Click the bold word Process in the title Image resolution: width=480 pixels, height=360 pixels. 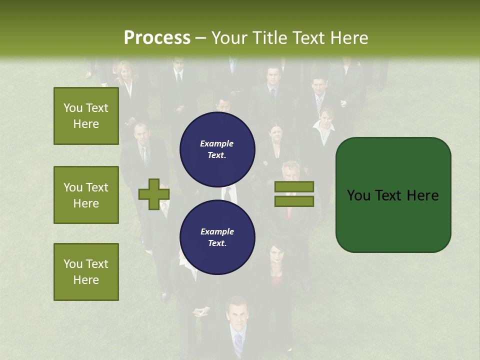157,37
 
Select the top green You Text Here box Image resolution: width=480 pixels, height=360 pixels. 86,116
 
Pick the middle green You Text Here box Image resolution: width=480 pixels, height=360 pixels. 86,195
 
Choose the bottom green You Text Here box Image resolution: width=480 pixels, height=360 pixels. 86,271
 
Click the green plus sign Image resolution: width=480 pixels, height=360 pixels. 154,194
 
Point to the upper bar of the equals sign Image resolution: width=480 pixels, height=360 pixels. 294,186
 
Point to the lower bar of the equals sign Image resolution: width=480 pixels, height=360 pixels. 294,201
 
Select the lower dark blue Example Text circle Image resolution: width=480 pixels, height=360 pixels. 217,237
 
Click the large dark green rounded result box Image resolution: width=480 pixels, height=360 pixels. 393,194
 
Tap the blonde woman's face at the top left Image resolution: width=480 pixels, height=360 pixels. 124,72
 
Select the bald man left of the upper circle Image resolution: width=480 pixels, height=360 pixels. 141,135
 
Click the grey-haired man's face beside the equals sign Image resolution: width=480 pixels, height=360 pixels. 290,173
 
